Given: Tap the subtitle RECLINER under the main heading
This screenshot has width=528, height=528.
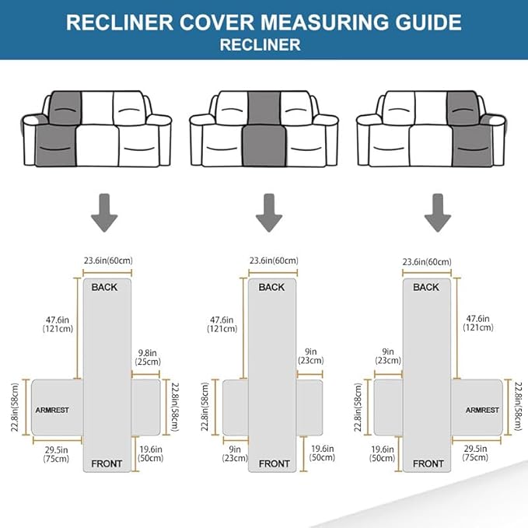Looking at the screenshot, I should (264, 44).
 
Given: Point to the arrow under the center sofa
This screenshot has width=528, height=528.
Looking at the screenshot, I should (270, 215).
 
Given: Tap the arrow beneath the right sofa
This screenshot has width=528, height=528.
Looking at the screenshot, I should (437, 215).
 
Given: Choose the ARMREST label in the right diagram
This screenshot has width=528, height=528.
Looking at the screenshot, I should (482, 409).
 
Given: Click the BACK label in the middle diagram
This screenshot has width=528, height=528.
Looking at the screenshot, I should (271, 287).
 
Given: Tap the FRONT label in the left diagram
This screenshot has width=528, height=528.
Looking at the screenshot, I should (107, 463).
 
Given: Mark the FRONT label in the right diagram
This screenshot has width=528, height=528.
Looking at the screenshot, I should (428, 463).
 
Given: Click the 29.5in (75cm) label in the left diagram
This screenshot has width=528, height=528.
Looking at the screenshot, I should (56, 453).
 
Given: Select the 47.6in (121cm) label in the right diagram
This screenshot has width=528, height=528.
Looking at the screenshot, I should (478, 323).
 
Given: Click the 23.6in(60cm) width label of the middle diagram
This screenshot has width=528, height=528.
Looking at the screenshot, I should (273, 261).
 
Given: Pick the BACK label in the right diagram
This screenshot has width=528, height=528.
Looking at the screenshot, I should (426, 287).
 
